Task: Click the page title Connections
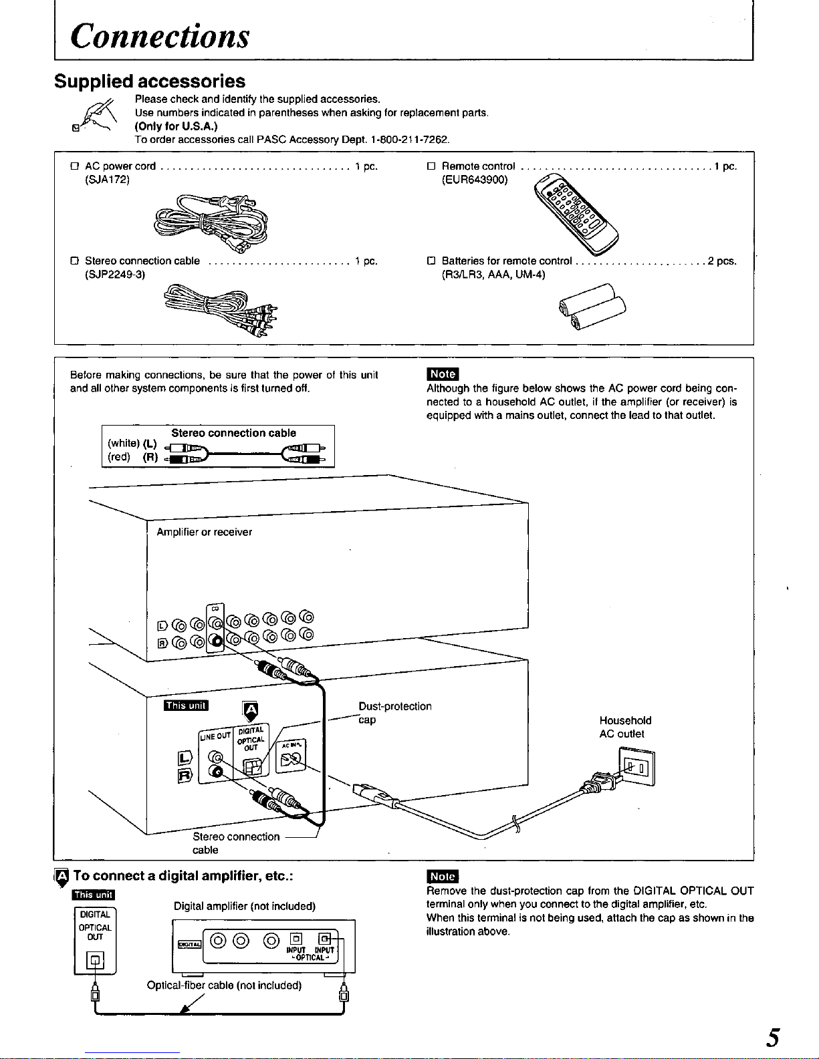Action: click(160, 36)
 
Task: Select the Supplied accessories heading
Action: click(150, 82)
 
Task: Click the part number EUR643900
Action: click(475, 180)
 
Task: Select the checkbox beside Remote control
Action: click(431, 166)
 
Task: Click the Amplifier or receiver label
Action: click(204, 532)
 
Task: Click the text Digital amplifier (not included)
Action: click(244, 907)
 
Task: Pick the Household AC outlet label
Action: click(625, 727)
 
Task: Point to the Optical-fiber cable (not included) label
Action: click(224, 986)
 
